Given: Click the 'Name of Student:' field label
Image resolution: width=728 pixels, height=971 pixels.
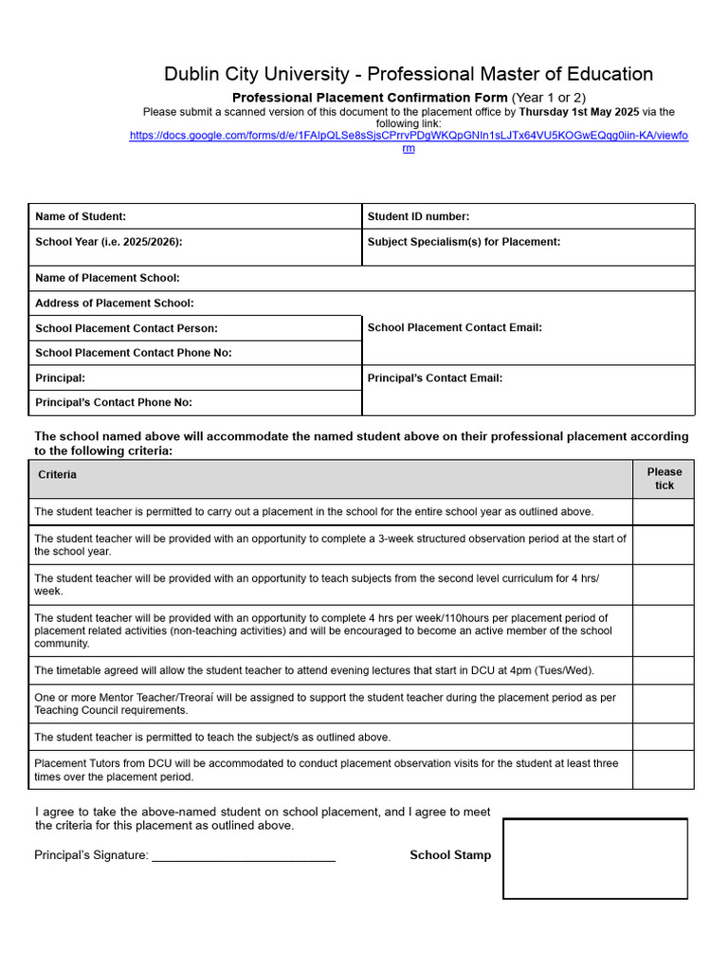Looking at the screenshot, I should pos(81,217).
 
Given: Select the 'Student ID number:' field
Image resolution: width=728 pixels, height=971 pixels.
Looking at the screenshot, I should pos(418,217).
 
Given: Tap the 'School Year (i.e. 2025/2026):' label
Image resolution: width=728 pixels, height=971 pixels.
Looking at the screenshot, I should pos(108,242).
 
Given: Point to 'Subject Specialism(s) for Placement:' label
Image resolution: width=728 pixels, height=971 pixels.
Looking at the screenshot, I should pos(464,242).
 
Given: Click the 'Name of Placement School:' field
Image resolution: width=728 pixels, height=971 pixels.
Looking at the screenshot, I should pos(107,278).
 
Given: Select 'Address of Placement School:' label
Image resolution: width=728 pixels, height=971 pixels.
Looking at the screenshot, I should pos(114,303).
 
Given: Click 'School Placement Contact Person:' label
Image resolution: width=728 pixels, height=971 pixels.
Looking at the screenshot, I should pos(126,328).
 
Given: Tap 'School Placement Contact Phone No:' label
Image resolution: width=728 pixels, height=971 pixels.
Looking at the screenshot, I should pos(133,353).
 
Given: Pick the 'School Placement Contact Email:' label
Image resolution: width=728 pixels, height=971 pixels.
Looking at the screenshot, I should pos(454,327).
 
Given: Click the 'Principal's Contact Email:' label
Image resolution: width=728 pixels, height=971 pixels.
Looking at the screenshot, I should pos(434,377).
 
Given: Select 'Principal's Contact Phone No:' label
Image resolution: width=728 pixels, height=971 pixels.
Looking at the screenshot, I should pos(113,402).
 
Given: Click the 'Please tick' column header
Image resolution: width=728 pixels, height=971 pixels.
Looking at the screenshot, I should pos(664,479).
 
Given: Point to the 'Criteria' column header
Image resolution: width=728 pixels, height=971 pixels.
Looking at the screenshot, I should pos(57,474).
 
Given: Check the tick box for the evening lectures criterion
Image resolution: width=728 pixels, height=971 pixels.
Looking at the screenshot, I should pos(664,670).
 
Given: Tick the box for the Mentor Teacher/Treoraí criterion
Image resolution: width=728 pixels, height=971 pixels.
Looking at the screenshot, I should pos(664,704).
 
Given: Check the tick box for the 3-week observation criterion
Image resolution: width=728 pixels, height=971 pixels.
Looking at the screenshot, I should pos(664,545).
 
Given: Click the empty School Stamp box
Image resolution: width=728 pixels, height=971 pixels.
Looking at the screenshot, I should pos(594,859).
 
